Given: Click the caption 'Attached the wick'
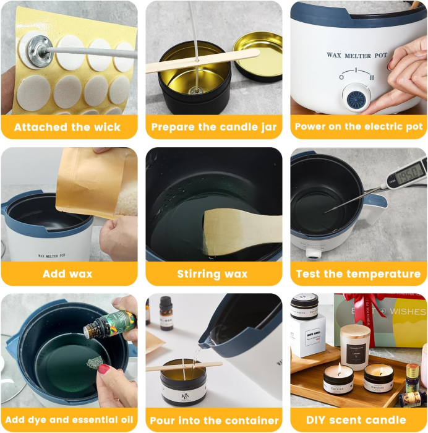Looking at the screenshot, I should tap(67, 127).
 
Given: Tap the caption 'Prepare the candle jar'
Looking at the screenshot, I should tap(214, 127).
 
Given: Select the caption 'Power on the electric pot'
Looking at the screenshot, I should tap(359, 127).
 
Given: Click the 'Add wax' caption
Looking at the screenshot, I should tap(67, 273).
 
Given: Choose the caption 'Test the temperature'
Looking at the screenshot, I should tap(359, 273).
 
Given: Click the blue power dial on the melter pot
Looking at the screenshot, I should tap(357, 97).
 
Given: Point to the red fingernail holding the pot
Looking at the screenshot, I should tap(104, 369).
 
